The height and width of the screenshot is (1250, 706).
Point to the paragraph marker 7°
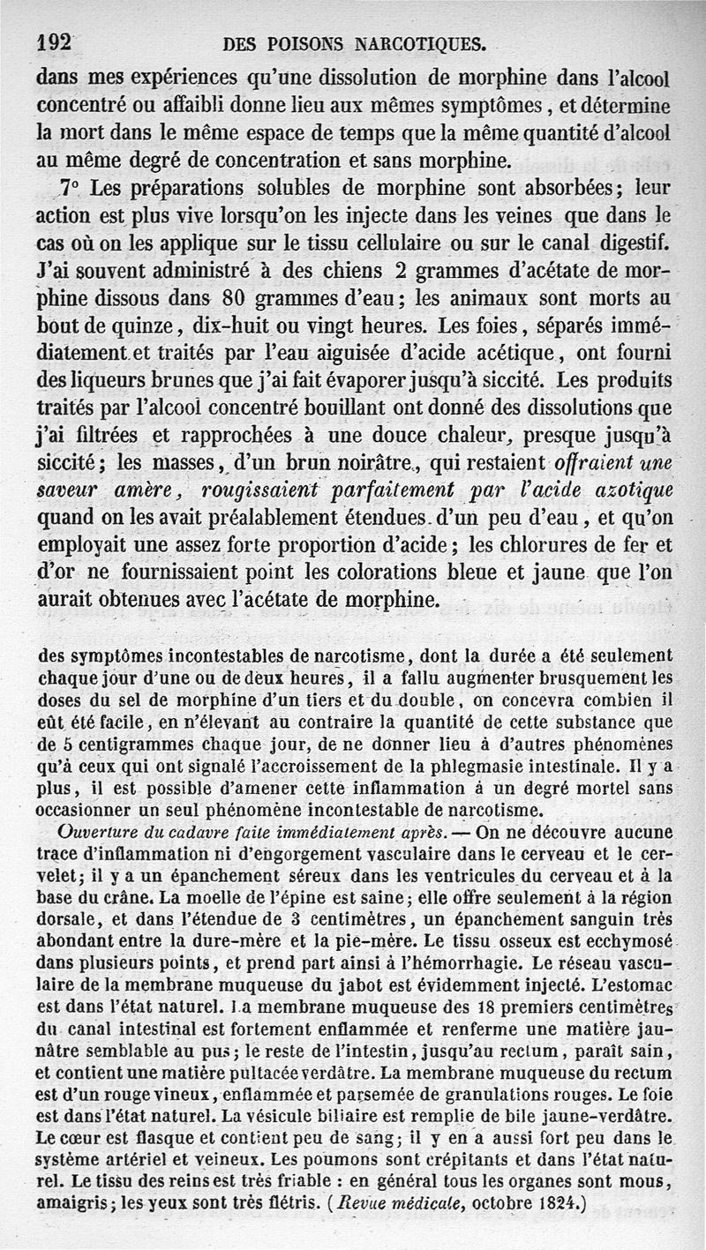71,191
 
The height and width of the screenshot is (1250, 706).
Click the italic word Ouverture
95,831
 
